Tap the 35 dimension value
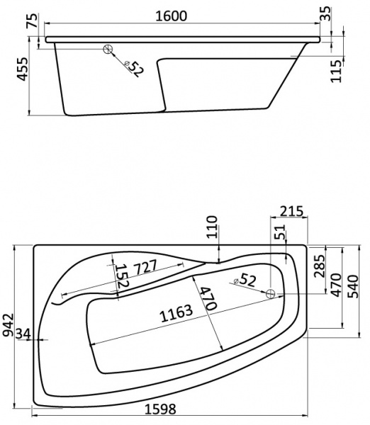tap(345, 13)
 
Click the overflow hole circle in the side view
tap(108, 50)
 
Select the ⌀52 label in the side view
tap(133, 69)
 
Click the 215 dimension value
tap(291, 210)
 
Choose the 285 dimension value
tap(319, 267)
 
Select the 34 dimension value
tap(23, 333)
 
